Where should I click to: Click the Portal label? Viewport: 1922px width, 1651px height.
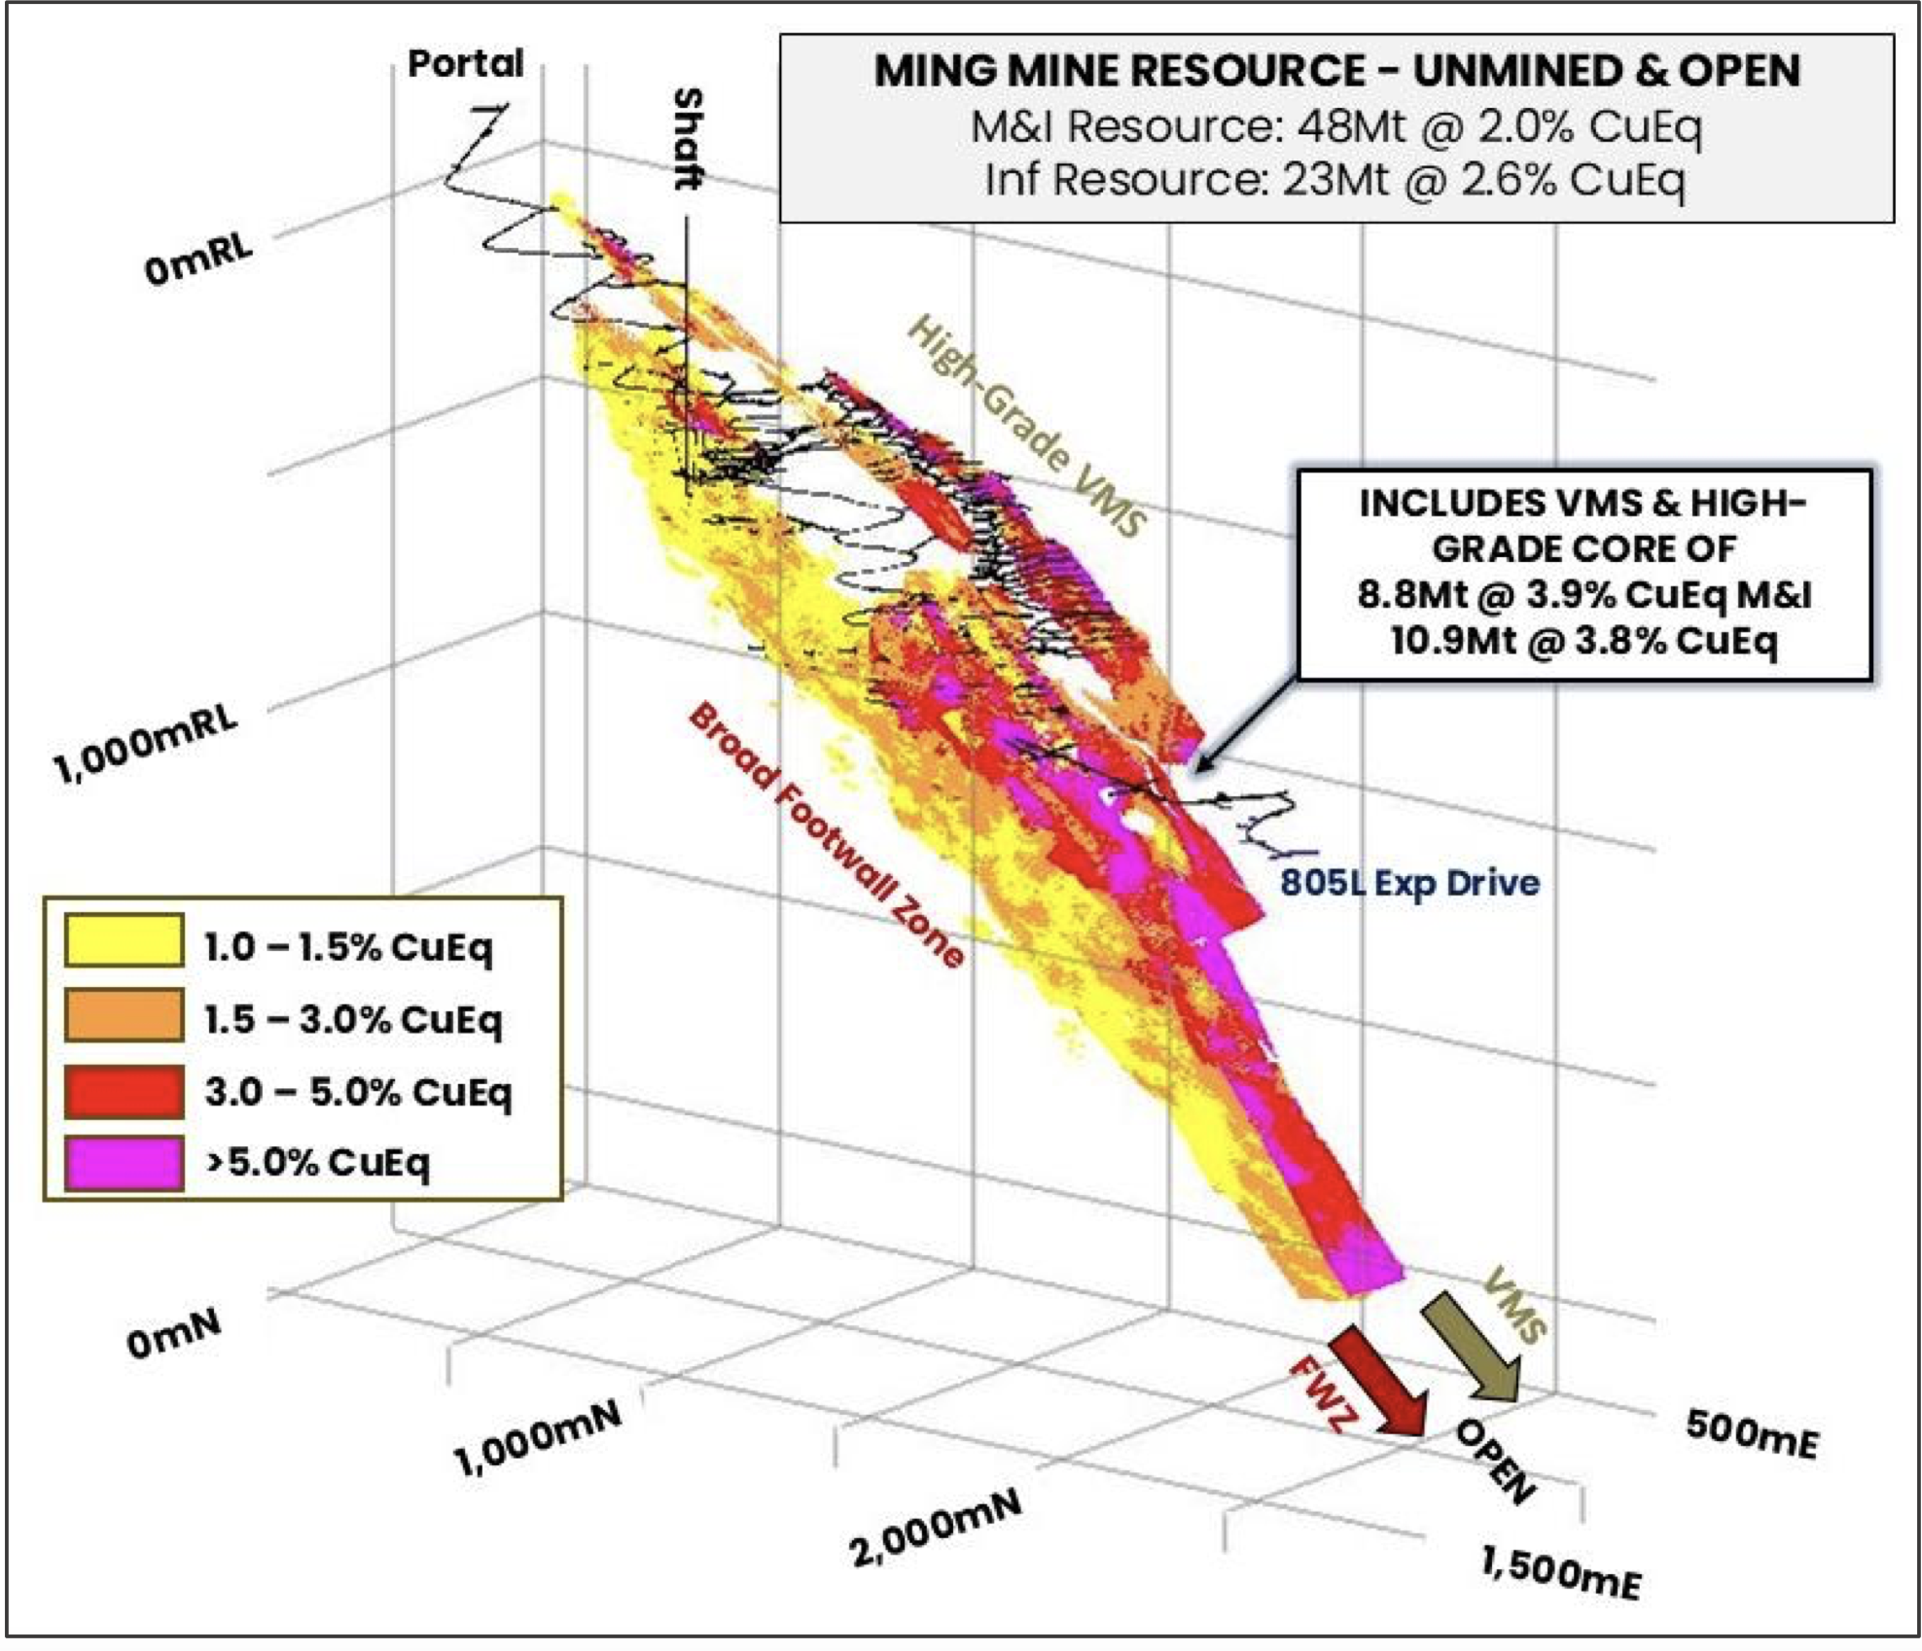tap(465, 64)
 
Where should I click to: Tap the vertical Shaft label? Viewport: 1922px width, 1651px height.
tap(688, 139)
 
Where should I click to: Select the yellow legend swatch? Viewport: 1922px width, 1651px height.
tap(124, 939)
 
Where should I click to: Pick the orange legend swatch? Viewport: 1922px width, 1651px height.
tap(124, 1014)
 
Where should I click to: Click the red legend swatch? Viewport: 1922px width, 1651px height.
tap(124, 1089)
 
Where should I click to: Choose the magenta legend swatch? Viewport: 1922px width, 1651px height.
tap(124, 1162)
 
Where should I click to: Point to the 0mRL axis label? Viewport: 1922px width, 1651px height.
tap(198, 259)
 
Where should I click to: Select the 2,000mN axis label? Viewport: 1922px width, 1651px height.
tap(937, 1528)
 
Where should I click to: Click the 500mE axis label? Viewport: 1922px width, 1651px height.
tap(1751, 1433)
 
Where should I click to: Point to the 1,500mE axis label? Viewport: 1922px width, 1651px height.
tap(1560, 1571)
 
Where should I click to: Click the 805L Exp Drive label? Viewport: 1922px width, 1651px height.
tap(1409, 883)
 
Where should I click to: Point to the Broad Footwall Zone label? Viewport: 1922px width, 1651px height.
tap(826, 835)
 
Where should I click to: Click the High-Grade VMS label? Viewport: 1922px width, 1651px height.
tap(1027, 427)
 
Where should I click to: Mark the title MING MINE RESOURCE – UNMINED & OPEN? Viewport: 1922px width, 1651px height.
tap(1336, 71)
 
